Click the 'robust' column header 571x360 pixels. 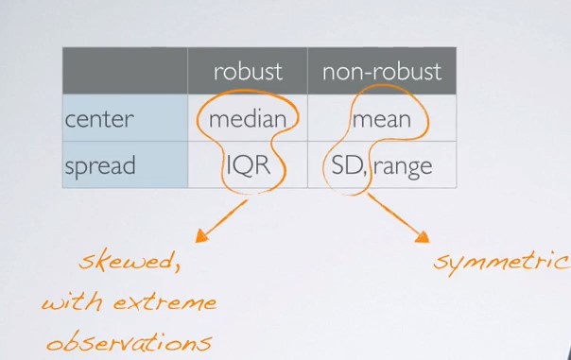click(248, 71)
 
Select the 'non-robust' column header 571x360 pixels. click(382, 71)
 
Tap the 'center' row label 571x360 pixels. click(99, 119)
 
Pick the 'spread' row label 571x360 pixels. click(100, 166)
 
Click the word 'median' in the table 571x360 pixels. click(248, 119)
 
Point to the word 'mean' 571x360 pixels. click(382, 120)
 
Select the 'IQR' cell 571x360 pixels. click(249, 165)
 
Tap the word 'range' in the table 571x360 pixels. click(403, 167)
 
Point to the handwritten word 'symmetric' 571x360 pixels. click(502, 262)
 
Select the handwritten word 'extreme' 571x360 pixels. click(164, 302)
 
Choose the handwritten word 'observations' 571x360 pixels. click(130, 341)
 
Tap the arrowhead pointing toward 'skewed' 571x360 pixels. click(201, 236)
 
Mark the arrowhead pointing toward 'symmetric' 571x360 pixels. click(423, 237)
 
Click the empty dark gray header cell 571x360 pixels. click(125, 71)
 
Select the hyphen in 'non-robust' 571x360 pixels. click(376, 73)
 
